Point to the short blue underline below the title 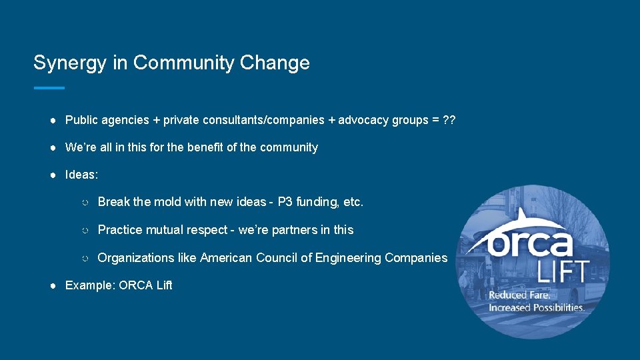tap(49, 88)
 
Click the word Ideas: tap(81, 175)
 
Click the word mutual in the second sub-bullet tap(160, 230)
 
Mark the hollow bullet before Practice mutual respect tap(85, 231)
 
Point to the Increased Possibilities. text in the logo tap(537, 307)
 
